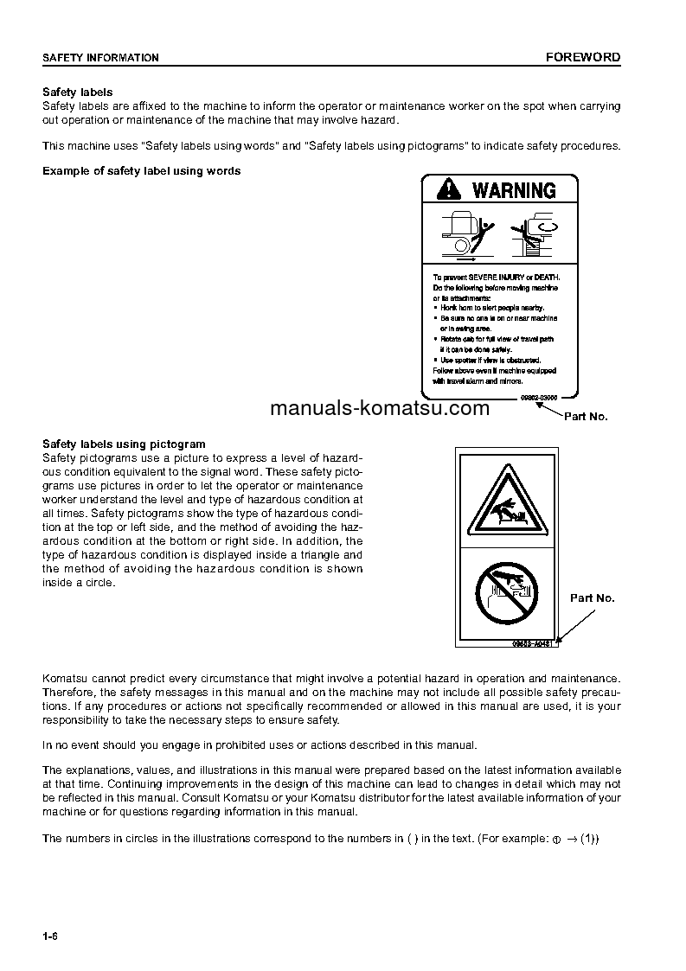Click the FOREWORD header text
point(582,58)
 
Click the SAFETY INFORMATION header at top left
point(100,58)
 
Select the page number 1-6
point(49,937)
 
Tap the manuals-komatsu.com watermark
point(380,409)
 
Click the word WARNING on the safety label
point(514,190)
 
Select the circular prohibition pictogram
point(507,592)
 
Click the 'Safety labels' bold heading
point(77,93)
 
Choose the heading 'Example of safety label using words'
point(142,170)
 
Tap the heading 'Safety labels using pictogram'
point(124,444)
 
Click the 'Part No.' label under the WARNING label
point(586,416)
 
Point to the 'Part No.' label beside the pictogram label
point(592,598)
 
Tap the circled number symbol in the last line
point(557,840)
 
